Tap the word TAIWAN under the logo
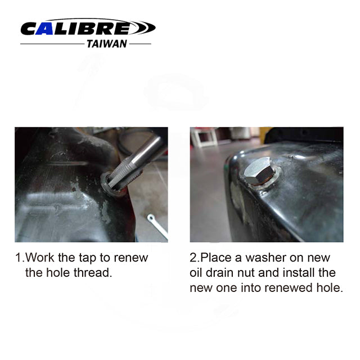(x=106, y=44)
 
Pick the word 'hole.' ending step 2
(x=331, y=288)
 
